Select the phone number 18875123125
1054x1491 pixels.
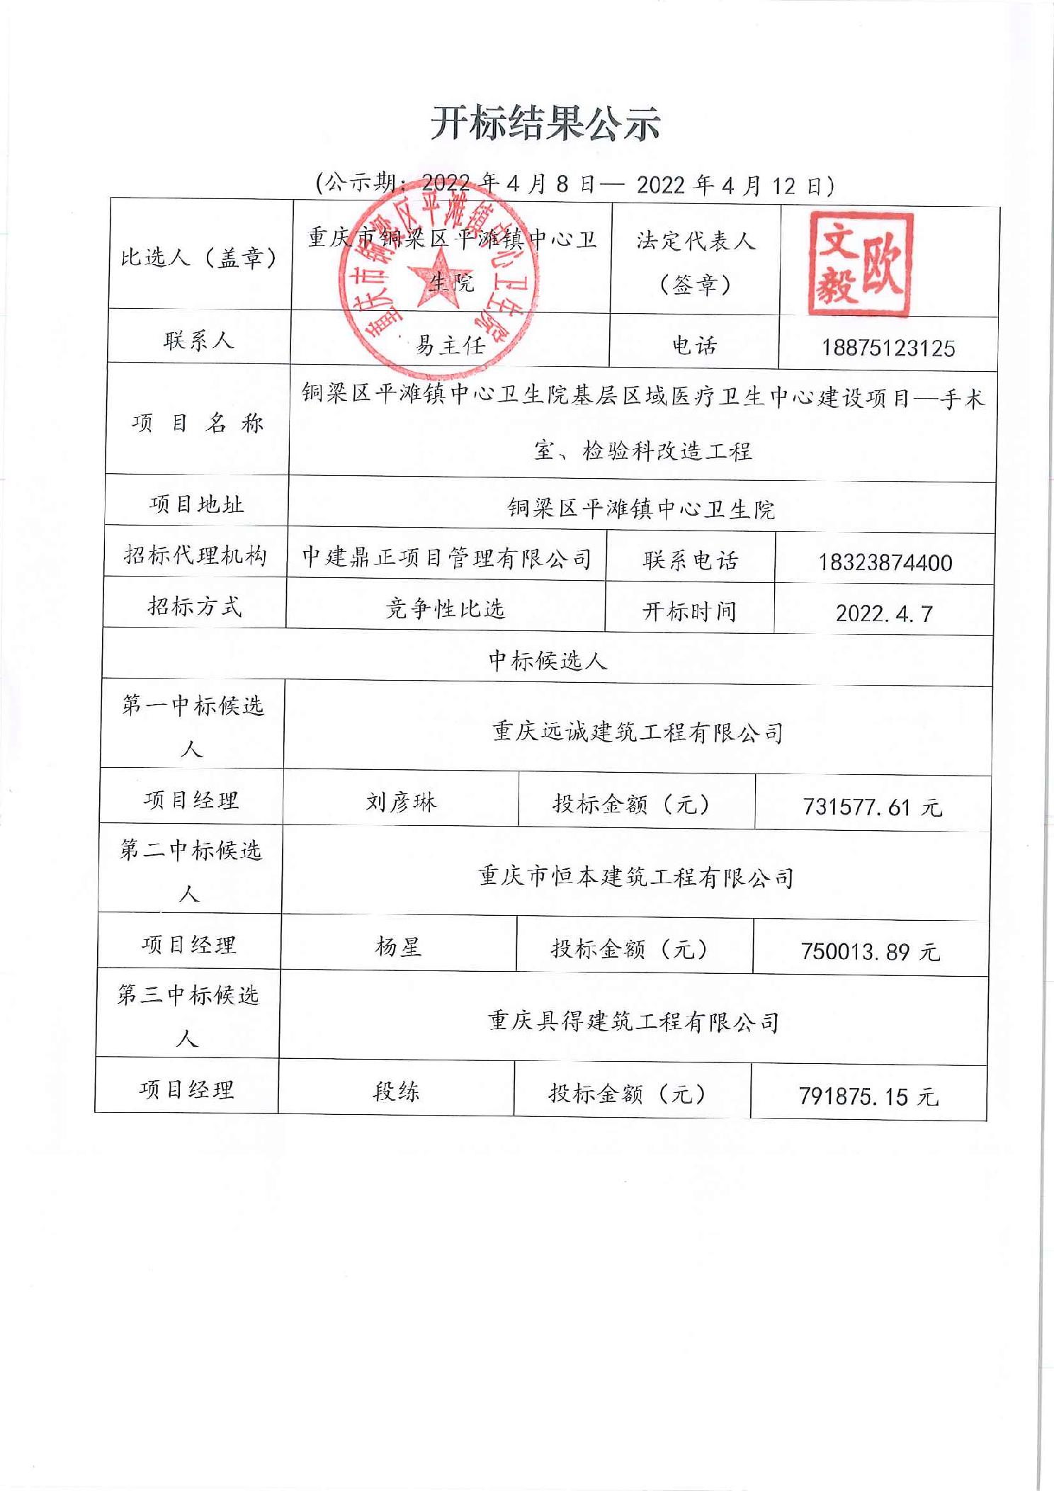(x=888, y=348)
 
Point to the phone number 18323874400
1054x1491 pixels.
(x=885, y=562)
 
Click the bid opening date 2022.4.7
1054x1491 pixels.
(x=884, y=613)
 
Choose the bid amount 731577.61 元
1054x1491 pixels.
(x=872, y=807)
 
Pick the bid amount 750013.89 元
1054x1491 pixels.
(x=870, y=951)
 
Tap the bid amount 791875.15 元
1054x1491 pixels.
(x=868, y=1096)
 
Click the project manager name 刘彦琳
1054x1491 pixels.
(x=401, y=803)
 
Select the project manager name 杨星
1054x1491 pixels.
(x=398, y=946)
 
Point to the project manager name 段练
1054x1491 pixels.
(x=396, y=1092)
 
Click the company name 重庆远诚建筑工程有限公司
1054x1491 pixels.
(x=637, y=732)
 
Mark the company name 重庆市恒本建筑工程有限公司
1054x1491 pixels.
(x=635, y=877)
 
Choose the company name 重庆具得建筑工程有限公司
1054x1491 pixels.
(x=633, y=1021)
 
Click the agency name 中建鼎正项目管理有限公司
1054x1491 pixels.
(x=447, y=558)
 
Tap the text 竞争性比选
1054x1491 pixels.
(x=445, y=608)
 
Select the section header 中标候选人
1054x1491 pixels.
(x=548, y=661)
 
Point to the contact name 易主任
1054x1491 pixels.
(x=450, y=345)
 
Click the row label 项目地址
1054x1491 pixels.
(x=196, y=504)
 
